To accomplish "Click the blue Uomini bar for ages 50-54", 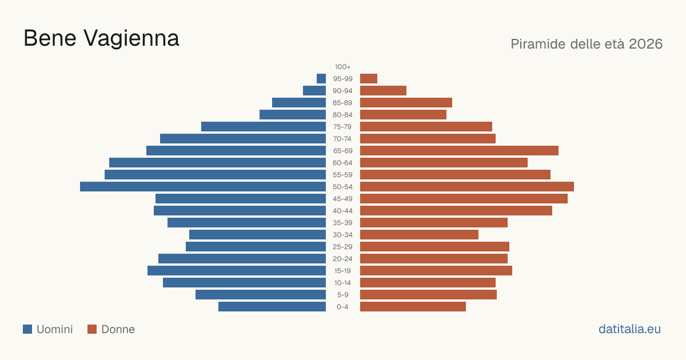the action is click(203, 187).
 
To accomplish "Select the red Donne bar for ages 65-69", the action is click(459, 151).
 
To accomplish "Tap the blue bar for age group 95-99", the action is click(321, 79).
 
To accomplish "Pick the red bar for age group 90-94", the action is click(383, 91).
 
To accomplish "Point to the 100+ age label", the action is click(342, 67).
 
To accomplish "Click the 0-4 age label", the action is click(342, 307).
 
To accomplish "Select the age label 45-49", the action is click(342, 199).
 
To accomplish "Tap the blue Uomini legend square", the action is click(27, 329).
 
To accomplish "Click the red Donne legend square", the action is click(92, 329).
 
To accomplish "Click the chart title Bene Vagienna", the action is click(101, 38).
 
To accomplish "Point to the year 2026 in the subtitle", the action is click(645, 44).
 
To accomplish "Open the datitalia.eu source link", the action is click(629, 329).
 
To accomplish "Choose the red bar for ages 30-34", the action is click(419, 235).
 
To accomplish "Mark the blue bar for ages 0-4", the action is click(272, 307).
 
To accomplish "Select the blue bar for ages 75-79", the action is click(264, 127).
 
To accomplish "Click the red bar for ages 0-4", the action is click(413, 307).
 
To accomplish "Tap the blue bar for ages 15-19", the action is click(237, 271).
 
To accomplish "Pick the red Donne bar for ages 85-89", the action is click(406, 102).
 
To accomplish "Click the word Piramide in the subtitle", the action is click(538, 44).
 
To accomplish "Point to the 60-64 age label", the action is click(342, 163).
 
